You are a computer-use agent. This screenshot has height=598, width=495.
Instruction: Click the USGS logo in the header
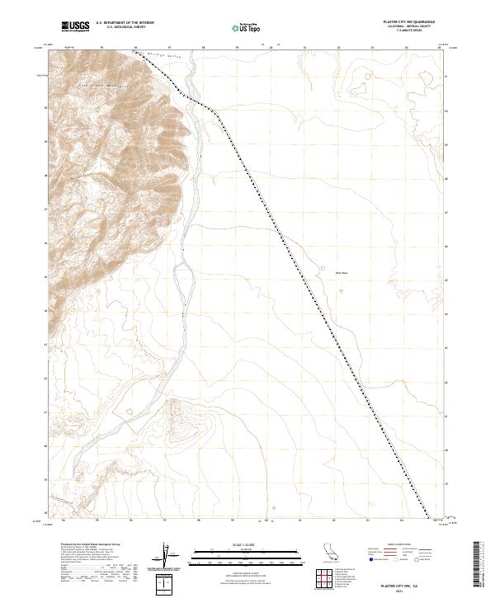(x=75, y=27)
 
